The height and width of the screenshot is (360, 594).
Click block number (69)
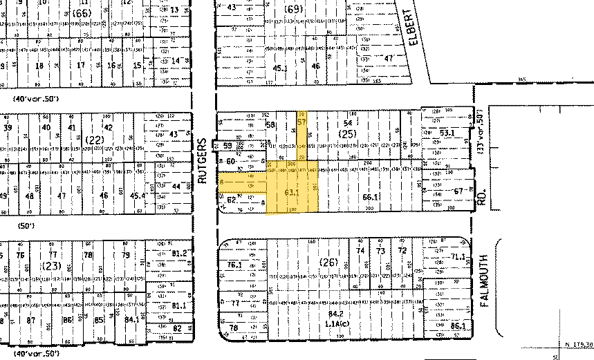pyautogui.click(x=294, y=9)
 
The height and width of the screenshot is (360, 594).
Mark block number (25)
pyautogui.click(x=346, y=133)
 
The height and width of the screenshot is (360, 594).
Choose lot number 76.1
pyautogui.click(x=234, y=264)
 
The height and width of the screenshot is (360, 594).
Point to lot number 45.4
pyautogui.click(x=138, y=196)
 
